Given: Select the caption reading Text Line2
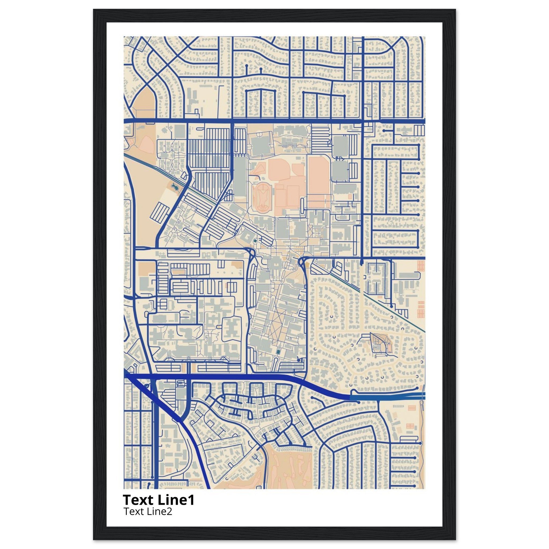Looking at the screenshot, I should click(x=148, y=519).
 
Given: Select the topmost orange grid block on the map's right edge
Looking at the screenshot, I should click(x=421, y=266).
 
